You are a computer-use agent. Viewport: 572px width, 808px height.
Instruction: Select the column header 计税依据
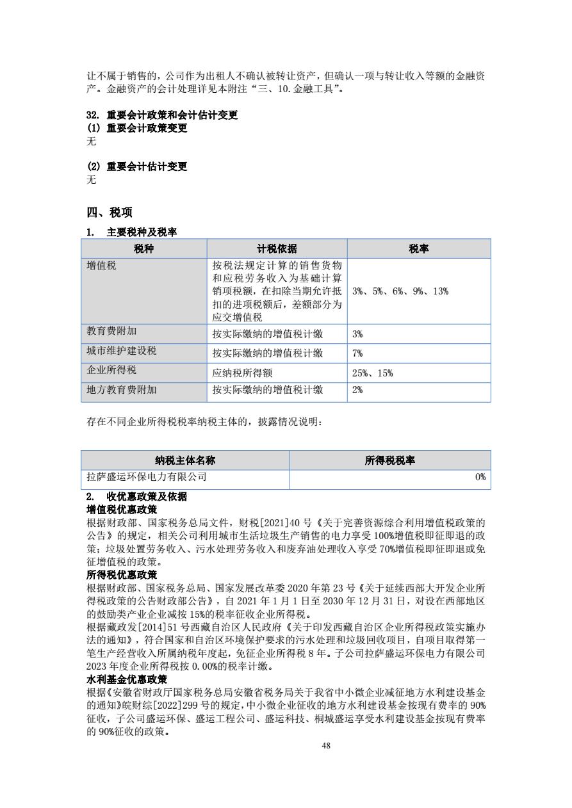277,249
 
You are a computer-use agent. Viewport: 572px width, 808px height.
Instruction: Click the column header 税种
144,249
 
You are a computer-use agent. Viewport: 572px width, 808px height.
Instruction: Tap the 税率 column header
419,249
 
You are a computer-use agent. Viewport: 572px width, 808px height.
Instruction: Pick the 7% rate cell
357,353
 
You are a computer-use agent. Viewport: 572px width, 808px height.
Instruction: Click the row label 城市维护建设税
122,351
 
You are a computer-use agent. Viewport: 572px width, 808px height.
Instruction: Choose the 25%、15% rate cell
372,373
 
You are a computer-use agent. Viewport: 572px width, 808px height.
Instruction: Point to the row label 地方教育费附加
122,389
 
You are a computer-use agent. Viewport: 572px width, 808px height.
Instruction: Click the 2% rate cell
357,390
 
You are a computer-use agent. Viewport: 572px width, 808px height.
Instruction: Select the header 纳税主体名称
185,460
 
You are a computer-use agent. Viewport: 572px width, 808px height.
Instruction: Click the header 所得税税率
390,460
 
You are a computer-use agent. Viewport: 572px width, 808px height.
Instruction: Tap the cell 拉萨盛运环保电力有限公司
147,477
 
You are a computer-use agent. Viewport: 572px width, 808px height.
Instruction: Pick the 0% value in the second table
480,477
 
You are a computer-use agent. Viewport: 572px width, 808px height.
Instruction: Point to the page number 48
327,745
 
